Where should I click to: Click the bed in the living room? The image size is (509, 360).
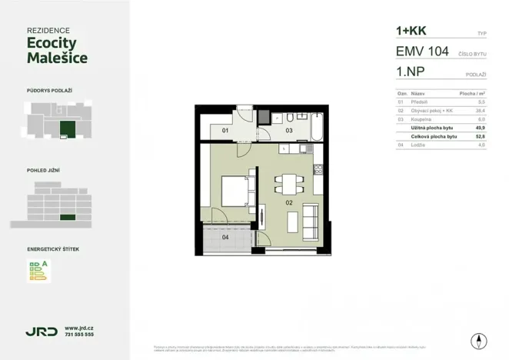click(234, 188)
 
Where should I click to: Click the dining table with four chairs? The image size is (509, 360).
click(288, 184)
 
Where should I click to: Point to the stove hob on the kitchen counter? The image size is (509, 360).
click(317, 168)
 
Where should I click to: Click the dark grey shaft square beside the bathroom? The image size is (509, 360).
click(262, 117)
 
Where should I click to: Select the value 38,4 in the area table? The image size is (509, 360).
click(481, 110)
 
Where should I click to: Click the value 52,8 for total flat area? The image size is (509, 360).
click(481, 135)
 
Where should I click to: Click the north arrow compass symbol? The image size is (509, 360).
click(480, 341)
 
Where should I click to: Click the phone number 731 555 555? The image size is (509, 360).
click(79, 335)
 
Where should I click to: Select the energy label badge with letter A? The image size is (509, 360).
click(38, 270)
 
